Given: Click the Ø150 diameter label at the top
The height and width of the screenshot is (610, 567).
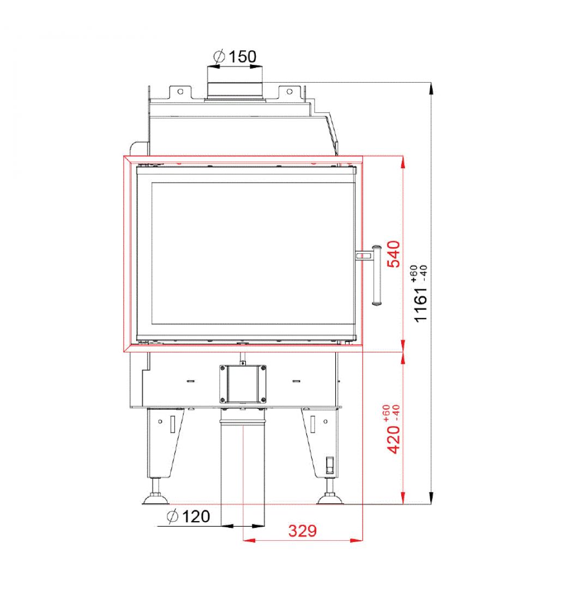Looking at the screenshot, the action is [235, 57].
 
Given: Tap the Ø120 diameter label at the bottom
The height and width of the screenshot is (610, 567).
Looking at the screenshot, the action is [189, 517].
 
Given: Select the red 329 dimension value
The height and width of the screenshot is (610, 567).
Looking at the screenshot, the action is [303, 530].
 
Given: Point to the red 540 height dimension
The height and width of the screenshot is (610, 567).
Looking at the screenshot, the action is [393, 254].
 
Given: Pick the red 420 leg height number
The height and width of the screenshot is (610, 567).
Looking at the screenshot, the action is [393, 440].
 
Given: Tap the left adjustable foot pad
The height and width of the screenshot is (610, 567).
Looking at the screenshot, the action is [156, 498].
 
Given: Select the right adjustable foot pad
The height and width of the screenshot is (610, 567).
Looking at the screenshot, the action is [330, 498].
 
